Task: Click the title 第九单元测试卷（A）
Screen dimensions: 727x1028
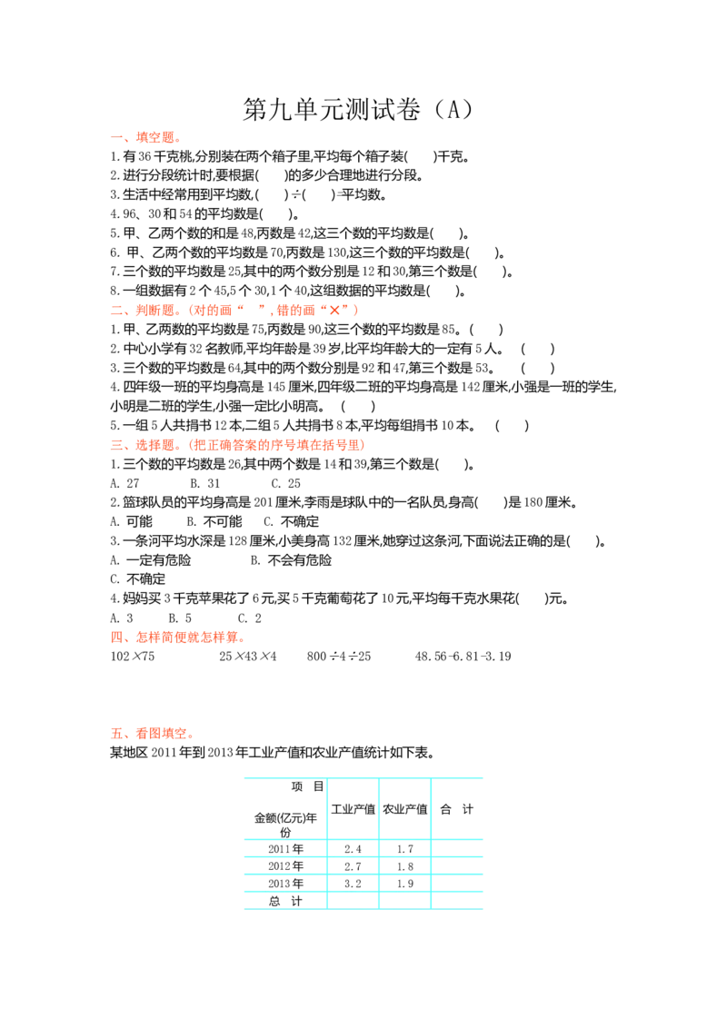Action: (x=358, y=110)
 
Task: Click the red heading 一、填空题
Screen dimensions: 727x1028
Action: (x=145, y=137)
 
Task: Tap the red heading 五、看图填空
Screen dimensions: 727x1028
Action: (x=153, y=734)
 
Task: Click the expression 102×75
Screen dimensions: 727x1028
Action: (x=133, y=657)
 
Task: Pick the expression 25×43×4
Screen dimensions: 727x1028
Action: (x=248, y=657)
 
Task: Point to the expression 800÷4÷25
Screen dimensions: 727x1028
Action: (x=339, y=657)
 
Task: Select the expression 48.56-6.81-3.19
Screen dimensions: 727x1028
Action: (x=463, y=657)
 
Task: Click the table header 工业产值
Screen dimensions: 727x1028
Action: (x=353, y=809)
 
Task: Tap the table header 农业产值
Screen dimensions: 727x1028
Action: (x=404, y=809)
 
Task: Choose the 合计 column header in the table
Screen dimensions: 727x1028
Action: (x=457, y=809)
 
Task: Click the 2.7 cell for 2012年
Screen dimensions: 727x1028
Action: (x=353, y=866)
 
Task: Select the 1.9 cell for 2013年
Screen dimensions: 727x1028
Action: (x=404, y=884)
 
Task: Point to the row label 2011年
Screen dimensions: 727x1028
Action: (x=285, y=849)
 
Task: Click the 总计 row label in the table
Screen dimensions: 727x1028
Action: (x=285, y=902)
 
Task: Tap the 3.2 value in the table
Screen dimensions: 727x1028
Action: (x=353, y=884)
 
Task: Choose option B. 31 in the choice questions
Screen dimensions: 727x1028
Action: (x=205, y=483)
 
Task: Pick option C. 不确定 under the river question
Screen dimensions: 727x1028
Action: (x=138, y=578)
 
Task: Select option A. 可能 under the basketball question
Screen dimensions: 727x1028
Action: (x=131, y=521)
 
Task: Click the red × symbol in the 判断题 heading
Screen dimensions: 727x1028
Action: (x=334, y=310)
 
